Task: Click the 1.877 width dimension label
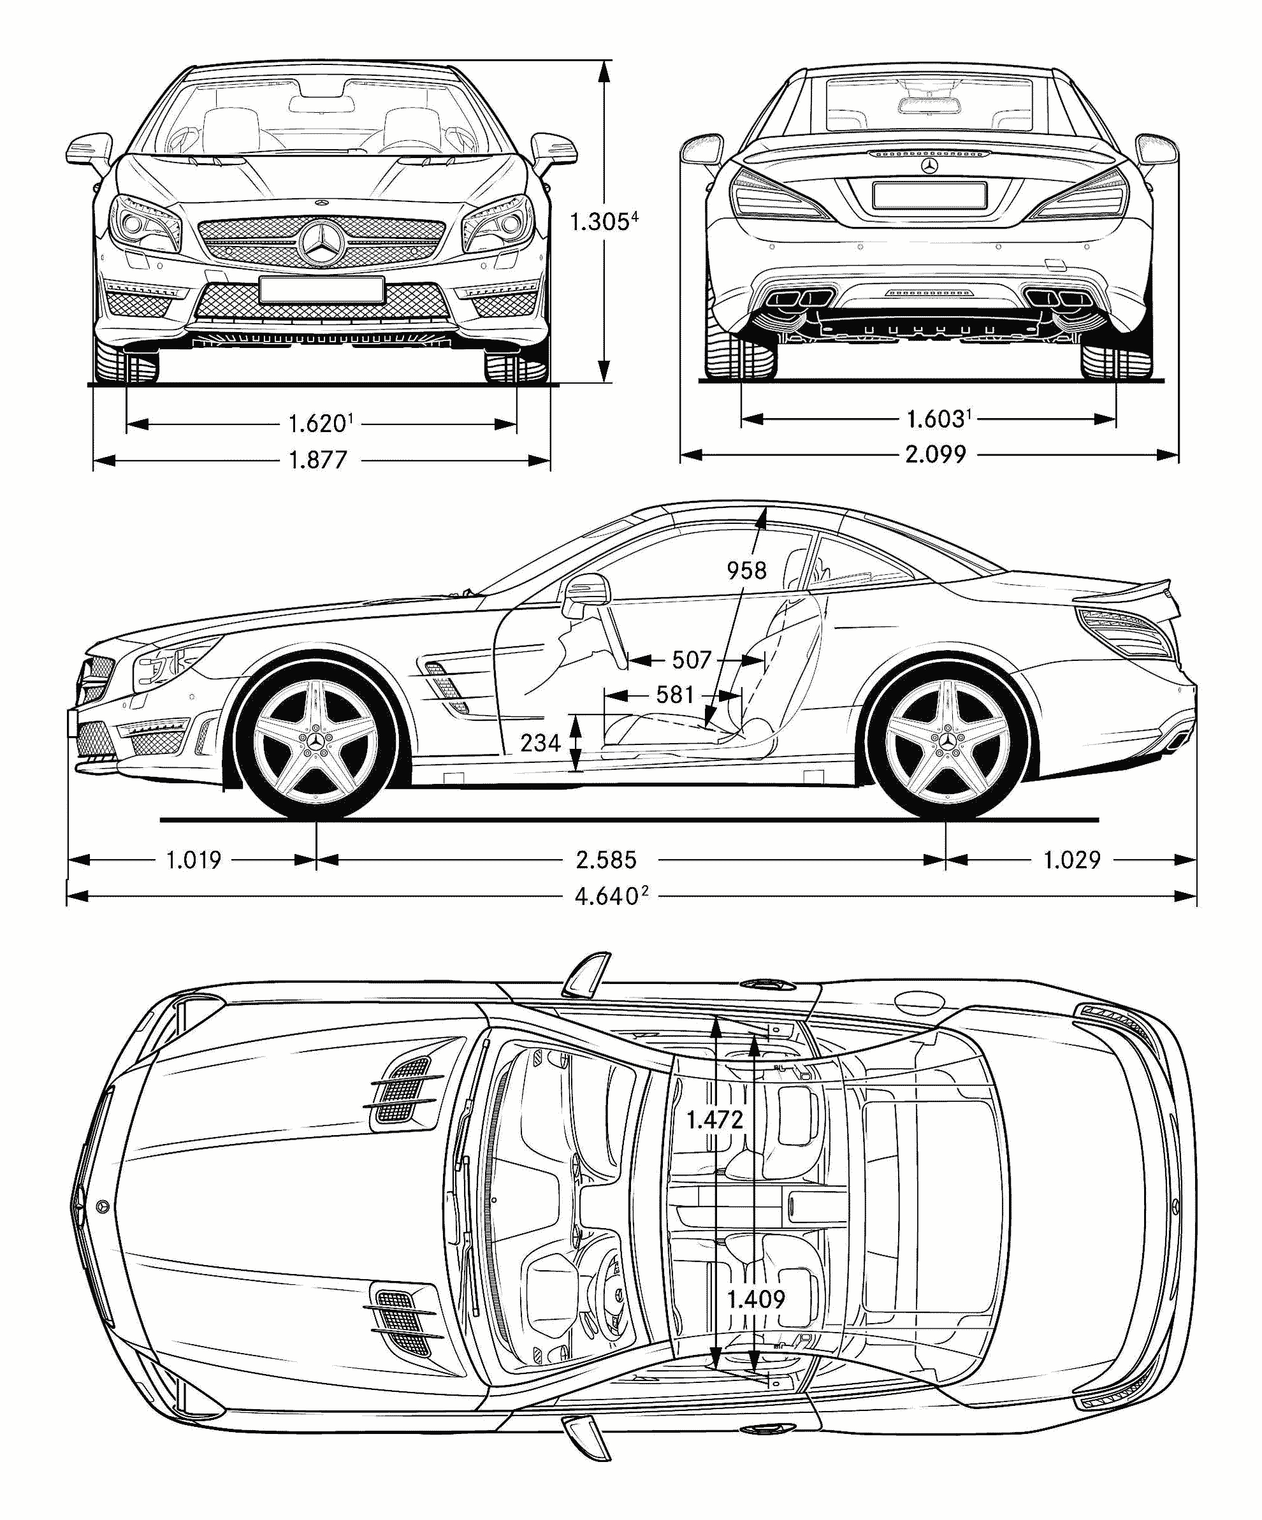[318, 460]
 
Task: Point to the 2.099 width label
[935, 454]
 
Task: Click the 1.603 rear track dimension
[935, 418]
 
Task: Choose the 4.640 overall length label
[607, 897]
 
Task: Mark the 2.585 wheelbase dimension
[606, 860]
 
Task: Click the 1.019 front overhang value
[193, 860]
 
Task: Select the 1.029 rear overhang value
[1071, 860]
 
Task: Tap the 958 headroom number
[746, 571]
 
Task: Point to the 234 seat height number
[540, 742]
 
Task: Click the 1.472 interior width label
[714, 1120]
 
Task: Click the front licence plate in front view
[321, 289]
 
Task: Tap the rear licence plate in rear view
[929, 195]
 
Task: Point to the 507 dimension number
[692, 660]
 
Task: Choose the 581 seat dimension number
[675, 695]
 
